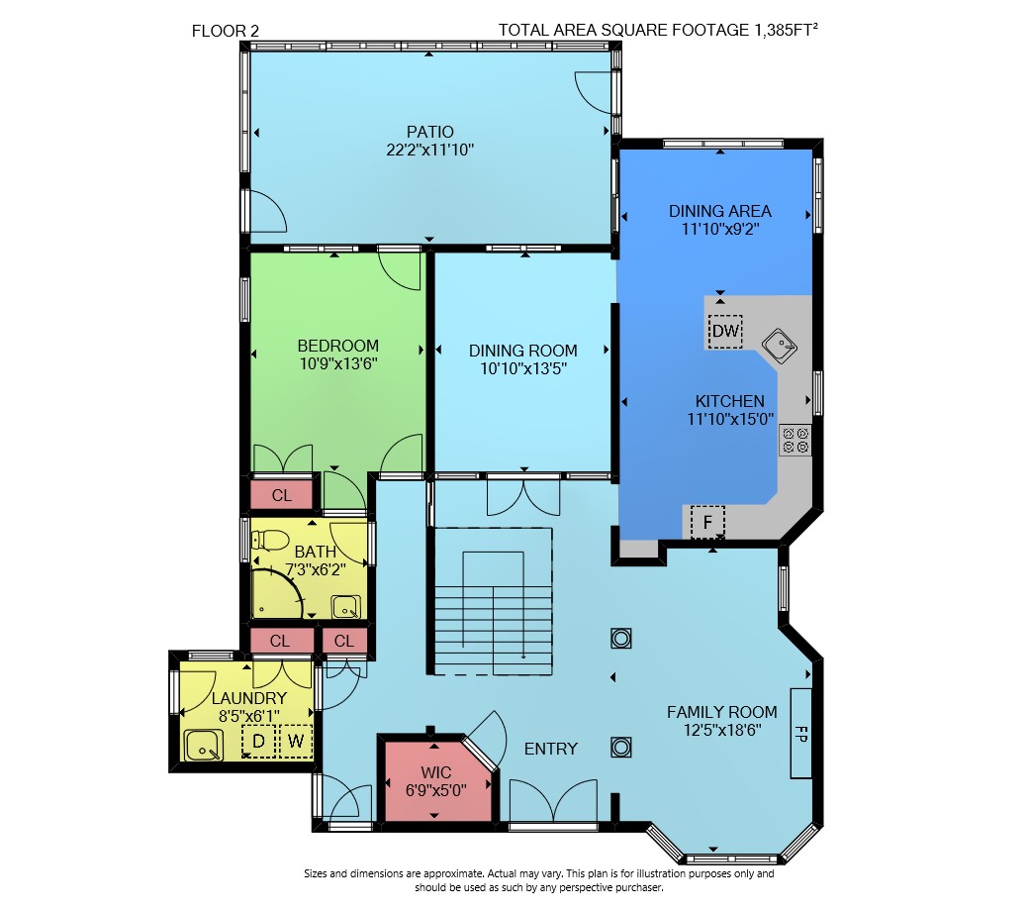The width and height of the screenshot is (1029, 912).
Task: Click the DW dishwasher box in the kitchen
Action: click(725, 331)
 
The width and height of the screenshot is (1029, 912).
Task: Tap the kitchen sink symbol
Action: click(780, 346)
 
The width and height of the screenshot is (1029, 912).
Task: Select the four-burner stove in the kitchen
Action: click(795, 440)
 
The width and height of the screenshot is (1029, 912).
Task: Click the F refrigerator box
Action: click(707, 522)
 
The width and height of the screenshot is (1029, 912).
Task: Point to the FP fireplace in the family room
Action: click(801, 733)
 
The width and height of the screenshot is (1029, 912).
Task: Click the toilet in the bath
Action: click(270, 541)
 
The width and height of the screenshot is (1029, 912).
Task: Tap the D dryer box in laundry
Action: click(258, 742)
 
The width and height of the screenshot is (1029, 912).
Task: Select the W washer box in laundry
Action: click(296, 742)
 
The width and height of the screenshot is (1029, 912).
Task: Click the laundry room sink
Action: click(204, 746)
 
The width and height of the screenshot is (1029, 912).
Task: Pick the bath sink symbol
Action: click(346, 607)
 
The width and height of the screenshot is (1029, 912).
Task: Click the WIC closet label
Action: click(436, 772)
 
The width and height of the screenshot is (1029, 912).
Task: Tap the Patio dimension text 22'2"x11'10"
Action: click(429, 150)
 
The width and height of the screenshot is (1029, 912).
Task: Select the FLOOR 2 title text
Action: click(226, 31)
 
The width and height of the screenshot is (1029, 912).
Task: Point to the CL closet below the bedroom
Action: click(282, 495)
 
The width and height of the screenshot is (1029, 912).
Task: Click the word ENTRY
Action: click(550, 749)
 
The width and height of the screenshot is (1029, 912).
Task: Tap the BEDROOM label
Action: click(338, 346)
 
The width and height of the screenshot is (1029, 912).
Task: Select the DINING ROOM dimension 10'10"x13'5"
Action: click(523, 368)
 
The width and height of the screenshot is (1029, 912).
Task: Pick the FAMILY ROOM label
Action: click(722, 712)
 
